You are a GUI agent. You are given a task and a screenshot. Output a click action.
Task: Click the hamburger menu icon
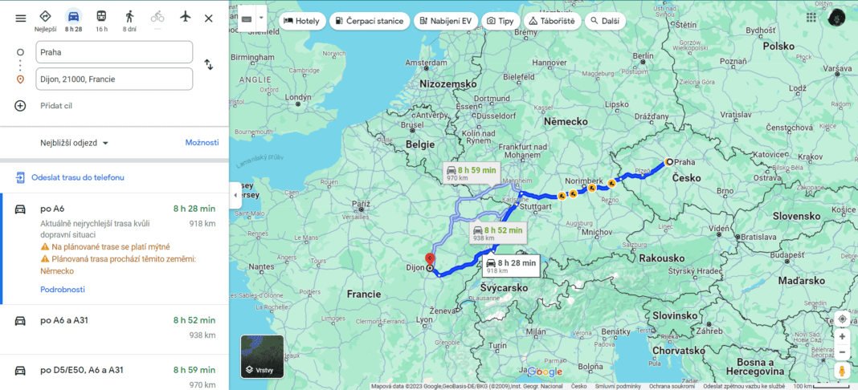(x=21, y=18)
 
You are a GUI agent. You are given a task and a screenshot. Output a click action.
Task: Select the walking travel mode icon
(x=129, y=17)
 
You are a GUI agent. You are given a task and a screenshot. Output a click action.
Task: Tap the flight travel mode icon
(x=185, y=17)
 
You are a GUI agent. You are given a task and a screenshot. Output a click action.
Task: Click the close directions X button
(x=209, y=18)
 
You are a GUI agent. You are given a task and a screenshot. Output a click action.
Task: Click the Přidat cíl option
(x=57, y=105)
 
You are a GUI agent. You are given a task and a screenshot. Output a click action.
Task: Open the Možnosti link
(x=202, y=143)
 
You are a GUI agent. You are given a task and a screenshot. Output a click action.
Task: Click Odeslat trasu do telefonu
(x=77, y=177)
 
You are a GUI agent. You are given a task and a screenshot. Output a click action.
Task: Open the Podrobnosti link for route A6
(x=63, y=290)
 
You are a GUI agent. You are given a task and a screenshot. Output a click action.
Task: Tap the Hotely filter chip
(x=303, y=20)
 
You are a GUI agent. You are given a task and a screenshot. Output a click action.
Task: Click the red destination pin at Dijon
(x=429, y=260)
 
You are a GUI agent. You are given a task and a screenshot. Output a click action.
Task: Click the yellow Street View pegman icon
(x=842, y=370)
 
